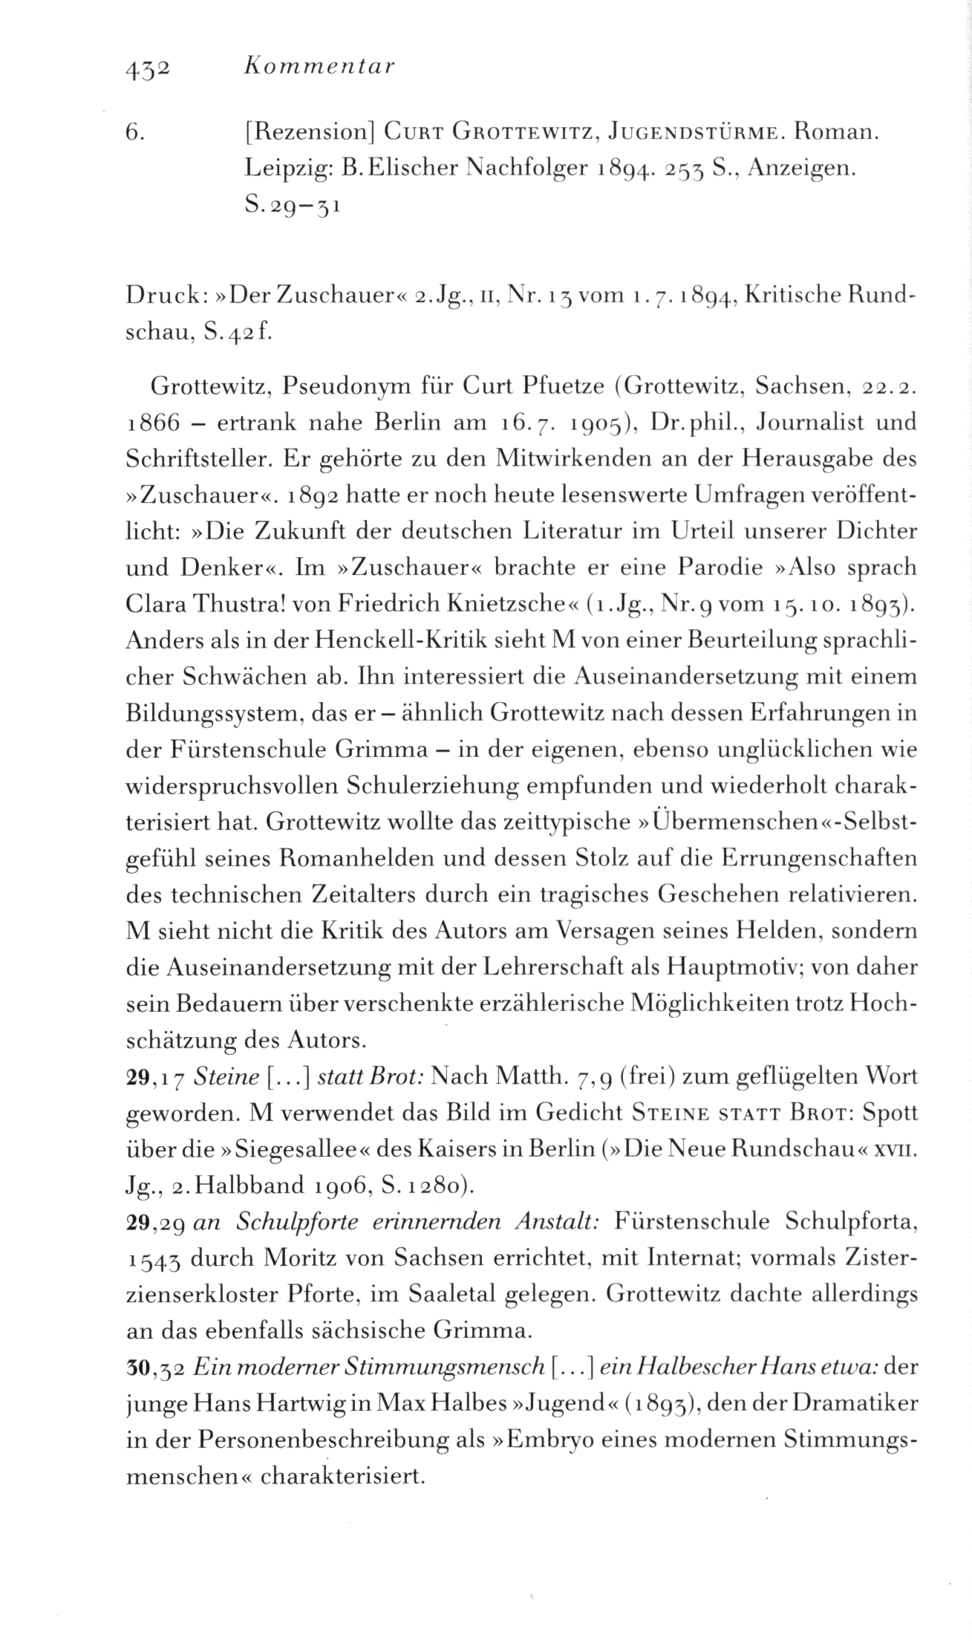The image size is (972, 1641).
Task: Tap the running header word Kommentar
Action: pyautogui.click(x=319, y=68)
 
